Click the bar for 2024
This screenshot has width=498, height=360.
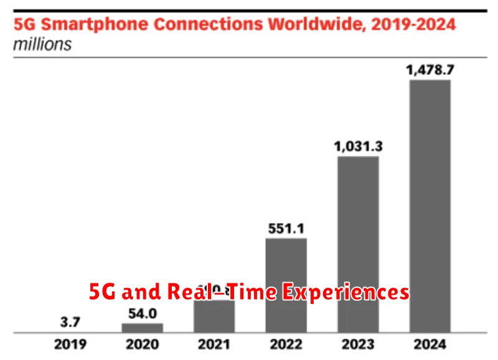pos(430,206)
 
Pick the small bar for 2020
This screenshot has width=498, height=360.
pos(142,327)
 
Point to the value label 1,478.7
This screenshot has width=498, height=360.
pos(430,70)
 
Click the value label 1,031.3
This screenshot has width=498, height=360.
pos(358,146)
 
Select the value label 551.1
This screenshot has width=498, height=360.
pos(286,228)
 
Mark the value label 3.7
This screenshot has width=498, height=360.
pos(70,323)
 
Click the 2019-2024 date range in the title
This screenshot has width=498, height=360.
pos(415,26)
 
